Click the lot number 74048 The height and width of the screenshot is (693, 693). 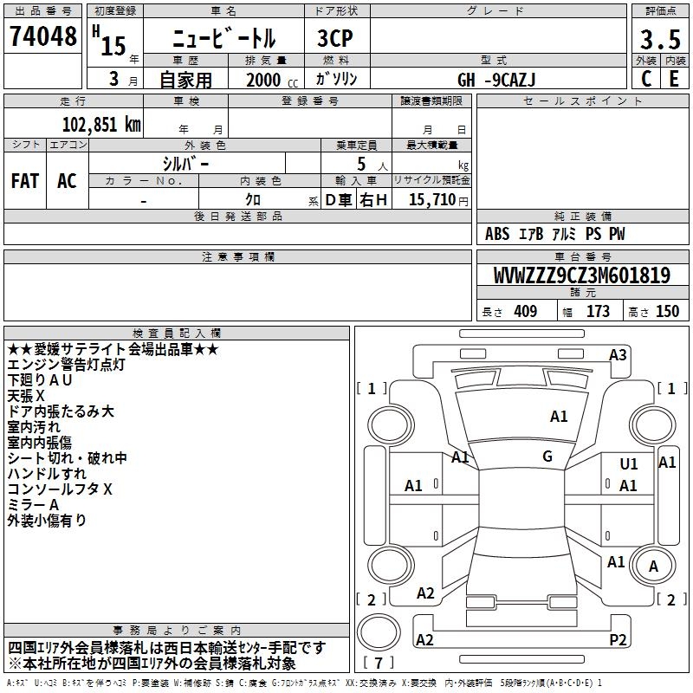[x=42, y=36]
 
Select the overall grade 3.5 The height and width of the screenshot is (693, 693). [x=660, y=39]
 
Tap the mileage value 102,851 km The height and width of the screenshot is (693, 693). [x=101, y=125]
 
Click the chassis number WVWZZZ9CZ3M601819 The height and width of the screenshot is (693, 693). [x=582, y=275]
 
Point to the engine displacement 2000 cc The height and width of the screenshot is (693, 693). [x=272, y=80]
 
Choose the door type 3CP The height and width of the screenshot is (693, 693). [x=335, y=38]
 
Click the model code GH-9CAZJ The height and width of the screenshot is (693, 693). [x=496, y=80]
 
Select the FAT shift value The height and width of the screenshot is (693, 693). [x=25, y=181]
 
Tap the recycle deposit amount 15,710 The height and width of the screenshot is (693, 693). [x=432, y=199]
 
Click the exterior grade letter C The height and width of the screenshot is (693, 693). [x=646, y=79]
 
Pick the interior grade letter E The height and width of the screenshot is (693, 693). [x=674, y=79]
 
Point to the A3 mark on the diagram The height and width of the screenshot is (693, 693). [x=618, y=355]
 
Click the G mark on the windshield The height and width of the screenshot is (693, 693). [x=547, y=457]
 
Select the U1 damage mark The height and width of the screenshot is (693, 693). [x=629, y=463]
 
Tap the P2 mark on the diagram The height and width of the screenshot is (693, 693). [x=618, y=639]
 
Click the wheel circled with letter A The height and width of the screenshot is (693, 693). [x=653, y=567]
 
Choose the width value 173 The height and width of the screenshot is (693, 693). [x=598, y=311]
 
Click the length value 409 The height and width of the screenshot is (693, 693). [x=526, y=311]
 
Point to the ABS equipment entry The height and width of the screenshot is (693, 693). [x=497, y=233]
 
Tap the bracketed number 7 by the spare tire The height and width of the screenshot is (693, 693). [x=379, y=663]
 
